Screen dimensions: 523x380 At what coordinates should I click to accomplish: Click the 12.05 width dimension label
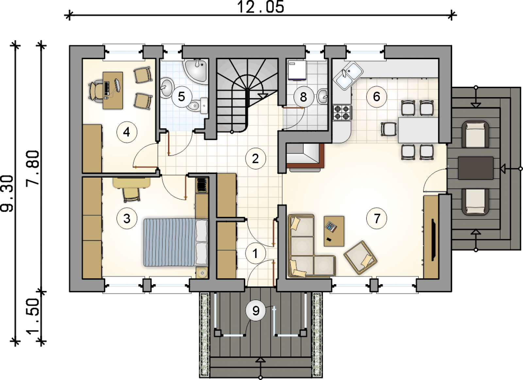[261, 7]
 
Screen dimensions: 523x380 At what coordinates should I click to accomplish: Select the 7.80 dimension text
[32, 167]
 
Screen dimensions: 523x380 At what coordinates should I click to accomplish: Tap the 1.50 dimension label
[32, 317]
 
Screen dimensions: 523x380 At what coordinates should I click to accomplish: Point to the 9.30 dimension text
[7, 194]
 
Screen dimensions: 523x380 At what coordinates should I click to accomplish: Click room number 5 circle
[182, 97]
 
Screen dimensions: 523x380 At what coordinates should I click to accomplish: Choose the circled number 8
[303, 97]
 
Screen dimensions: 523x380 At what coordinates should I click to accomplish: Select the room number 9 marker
[256, 311]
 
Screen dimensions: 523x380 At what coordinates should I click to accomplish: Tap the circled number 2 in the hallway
[255, 159]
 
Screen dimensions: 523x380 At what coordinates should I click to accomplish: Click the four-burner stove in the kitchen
[342, 112]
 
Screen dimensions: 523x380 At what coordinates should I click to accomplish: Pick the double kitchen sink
[348, 76]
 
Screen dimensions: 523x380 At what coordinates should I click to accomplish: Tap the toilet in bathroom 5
[197, 106]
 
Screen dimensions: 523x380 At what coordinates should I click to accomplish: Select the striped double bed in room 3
[176, 242]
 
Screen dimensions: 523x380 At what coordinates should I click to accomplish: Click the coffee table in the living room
[334, 231]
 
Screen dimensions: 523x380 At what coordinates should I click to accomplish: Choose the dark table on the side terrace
[476, 168]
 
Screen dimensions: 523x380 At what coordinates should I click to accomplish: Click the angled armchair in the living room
[361, 257]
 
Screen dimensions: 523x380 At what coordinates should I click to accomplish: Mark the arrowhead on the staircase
[263, 95]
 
